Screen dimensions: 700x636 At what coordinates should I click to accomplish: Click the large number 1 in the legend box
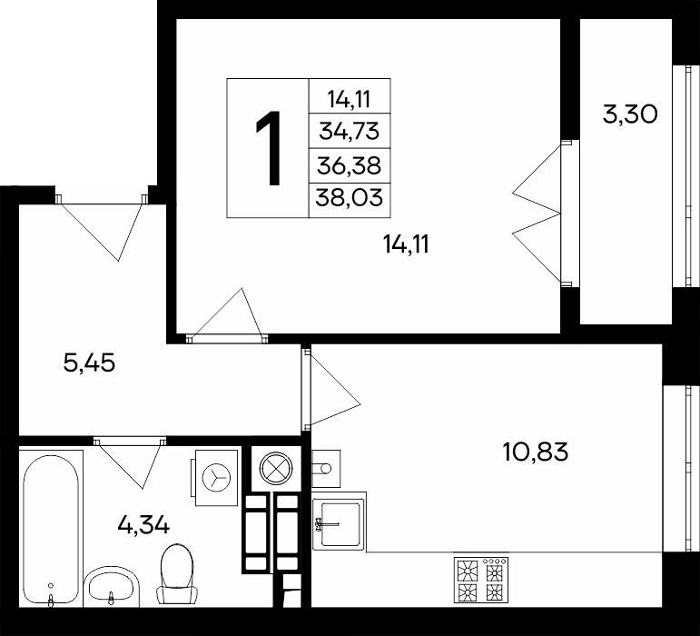(x=269, y=148)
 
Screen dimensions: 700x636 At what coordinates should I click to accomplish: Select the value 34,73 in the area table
(x=350, y=132)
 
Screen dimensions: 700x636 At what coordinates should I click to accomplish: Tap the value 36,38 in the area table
(x=350, y=165)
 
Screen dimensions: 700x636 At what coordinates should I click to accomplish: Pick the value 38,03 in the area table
(x=350, y=197)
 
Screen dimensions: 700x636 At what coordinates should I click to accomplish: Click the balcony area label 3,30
(x=630, y=114)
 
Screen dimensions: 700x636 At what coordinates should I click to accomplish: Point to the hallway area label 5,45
(x=89, y=363)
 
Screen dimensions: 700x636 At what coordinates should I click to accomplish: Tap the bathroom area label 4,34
(x=143, y=524)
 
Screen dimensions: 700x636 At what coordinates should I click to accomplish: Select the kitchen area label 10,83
(x=536, y=452)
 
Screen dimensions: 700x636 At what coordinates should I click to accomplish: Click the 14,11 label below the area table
(x=406, y=244)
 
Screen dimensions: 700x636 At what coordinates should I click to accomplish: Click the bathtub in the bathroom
(x=51, y=530)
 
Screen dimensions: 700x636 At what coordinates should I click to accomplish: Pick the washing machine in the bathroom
(x=215, y=477)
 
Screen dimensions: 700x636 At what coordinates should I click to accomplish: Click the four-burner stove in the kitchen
(x=481, y=580)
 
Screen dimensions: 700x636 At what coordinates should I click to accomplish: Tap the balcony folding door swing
(x=537, y=214)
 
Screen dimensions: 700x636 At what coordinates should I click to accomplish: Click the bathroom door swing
(x=130, y=463)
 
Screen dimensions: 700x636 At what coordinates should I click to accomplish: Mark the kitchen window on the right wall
(x=681, y=469)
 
